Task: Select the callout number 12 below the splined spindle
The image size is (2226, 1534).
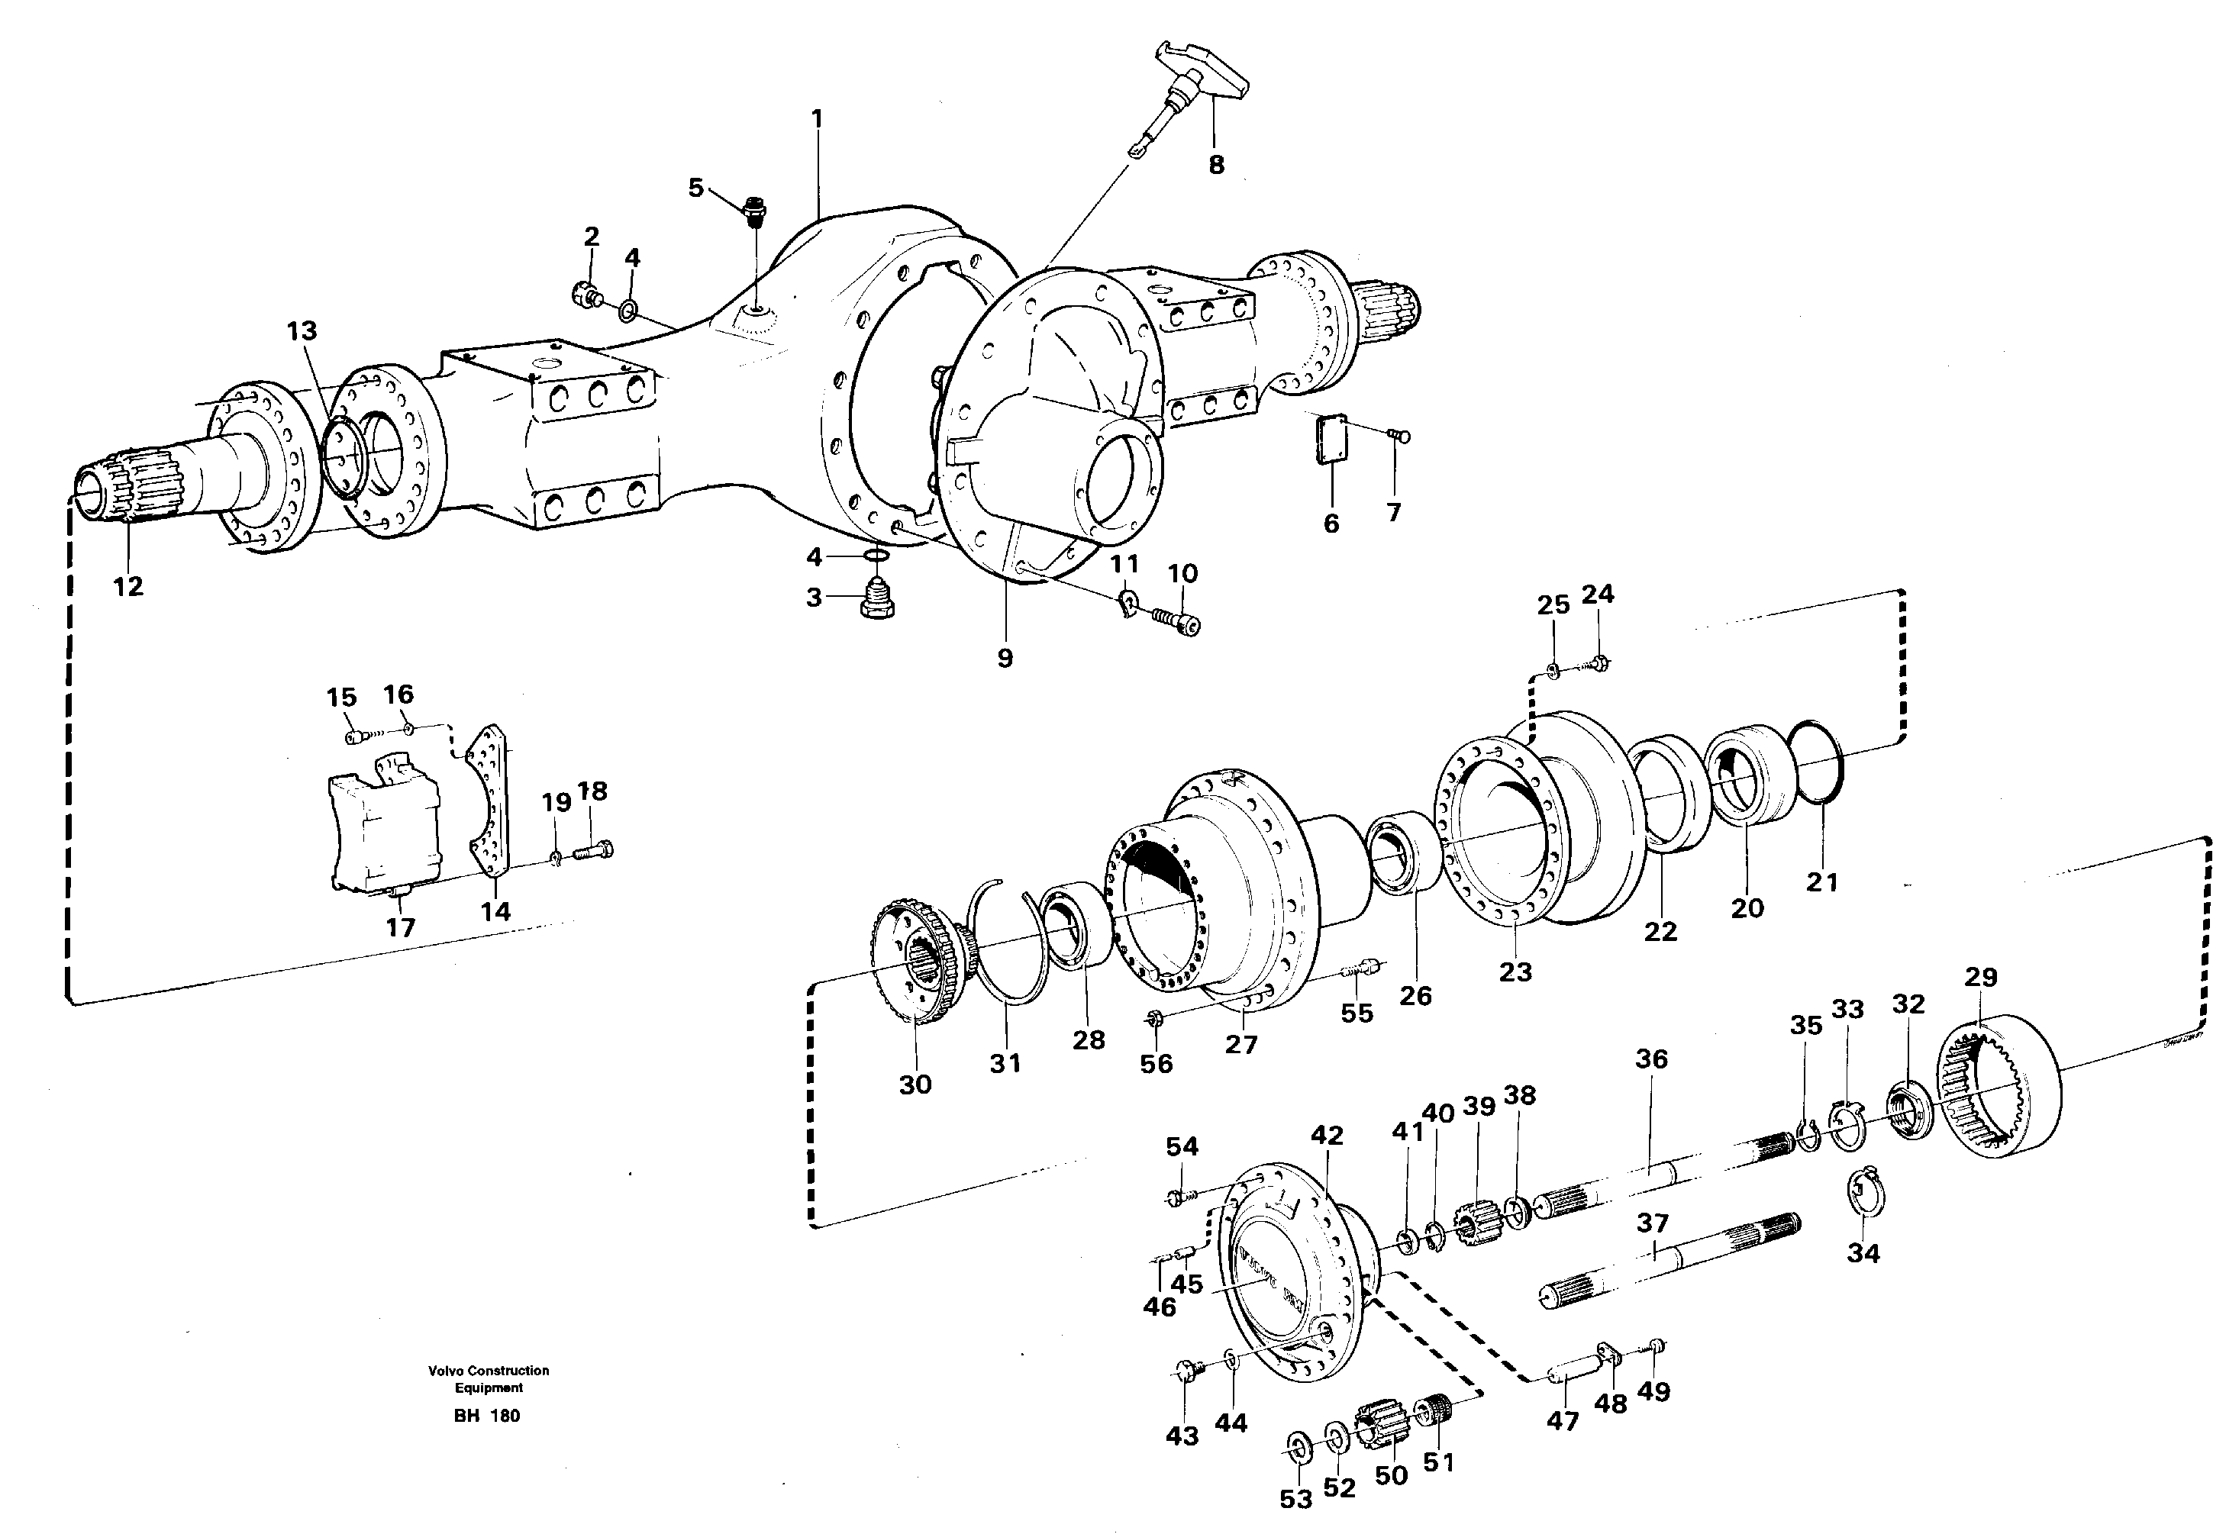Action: click(x=127, y=586)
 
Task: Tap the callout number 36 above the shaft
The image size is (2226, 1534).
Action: click(x=1651, y=1059)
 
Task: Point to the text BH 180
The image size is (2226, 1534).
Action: click(x=486, y=1416)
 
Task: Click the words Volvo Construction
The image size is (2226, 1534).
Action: click(x=489, y=1371)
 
